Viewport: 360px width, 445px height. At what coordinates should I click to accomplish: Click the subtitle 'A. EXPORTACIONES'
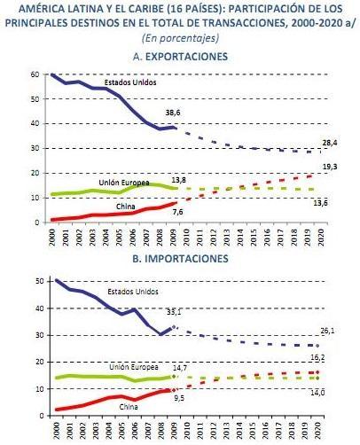point(179,56)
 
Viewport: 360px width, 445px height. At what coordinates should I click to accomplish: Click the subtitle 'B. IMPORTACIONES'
point(179,259)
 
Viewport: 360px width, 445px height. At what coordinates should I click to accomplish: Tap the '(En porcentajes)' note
point(179,37)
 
